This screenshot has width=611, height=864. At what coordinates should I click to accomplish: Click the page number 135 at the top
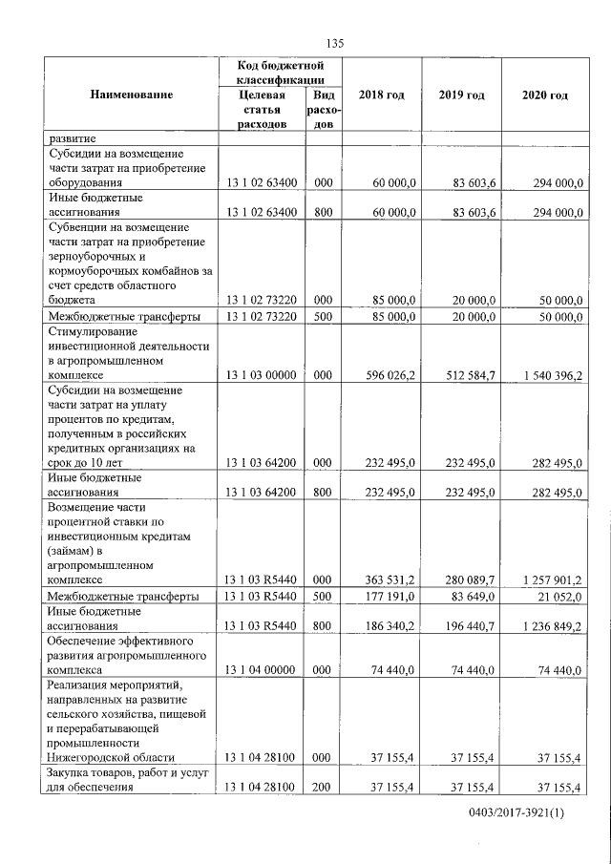click(334, 43)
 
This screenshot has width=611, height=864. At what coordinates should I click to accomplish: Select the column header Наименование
click(132, 95)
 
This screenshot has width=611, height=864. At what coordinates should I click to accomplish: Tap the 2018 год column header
click(381, 95)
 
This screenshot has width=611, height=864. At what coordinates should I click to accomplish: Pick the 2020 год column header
click(545, 95)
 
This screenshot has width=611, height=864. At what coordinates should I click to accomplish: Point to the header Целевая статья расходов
click(261, 111)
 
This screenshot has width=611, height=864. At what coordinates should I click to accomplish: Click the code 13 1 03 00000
click(262, 375)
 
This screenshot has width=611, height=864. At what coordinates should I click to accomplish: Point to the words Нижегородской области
click(113, 756)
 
